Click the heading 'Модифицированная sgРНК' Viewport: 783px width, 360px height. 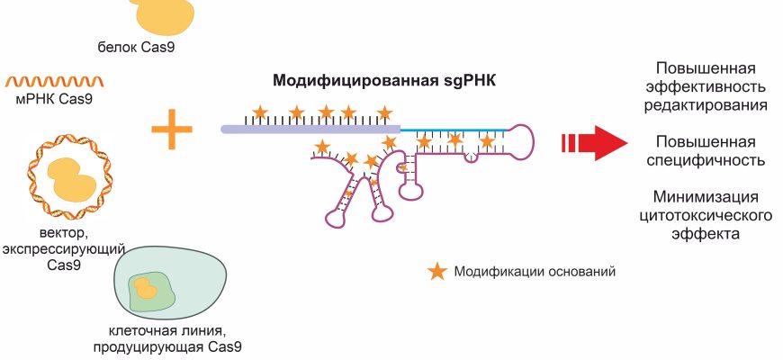pyautogui.click(x=385, y=79)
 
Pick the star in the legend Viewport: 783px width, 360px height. pyautogui.click(x=436, y=271)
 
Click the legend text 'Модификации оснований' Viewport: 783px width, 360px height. pyautogui.click(x=535, y=272)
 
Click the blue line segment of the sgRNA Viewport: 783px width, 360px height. pyautogui.click(x=450, y=130)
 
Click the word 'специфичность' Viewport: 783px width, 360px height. pyautogui.click(x=705, y=160)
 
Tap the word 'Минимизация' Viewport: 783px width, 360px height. pyautogui.click(x=705, y=198)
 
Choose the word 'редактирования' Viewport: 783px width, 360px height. pyautogui.click(x=705, y=104)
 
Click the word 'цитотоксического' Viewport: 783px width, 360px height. pyautogui.click(x=705, y=216)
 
